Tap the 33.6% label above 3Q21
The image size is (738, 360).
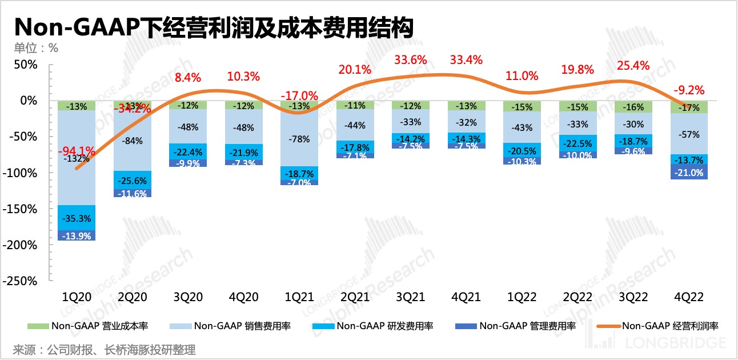411,60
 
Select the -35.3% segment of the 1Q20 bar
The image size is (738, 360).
77,218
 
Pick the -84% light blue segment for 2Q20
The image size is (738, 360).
133,141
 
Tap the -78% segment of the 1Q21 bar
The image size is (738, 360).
299,138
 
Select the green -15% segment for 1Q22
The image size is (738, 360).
522,107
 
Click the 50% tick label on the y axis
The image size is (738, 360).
25,65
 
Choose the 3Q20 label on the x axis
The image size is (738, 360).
188,297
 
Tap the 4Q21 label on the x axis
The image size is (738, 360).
466,297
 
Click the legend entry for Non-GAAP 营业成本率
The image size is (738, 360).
89,326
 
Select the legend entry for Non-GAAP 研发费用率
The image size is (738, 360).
374,326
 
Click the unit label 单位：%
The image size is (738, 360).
36,48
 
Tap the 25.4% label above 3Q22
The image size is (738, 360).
633,66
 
